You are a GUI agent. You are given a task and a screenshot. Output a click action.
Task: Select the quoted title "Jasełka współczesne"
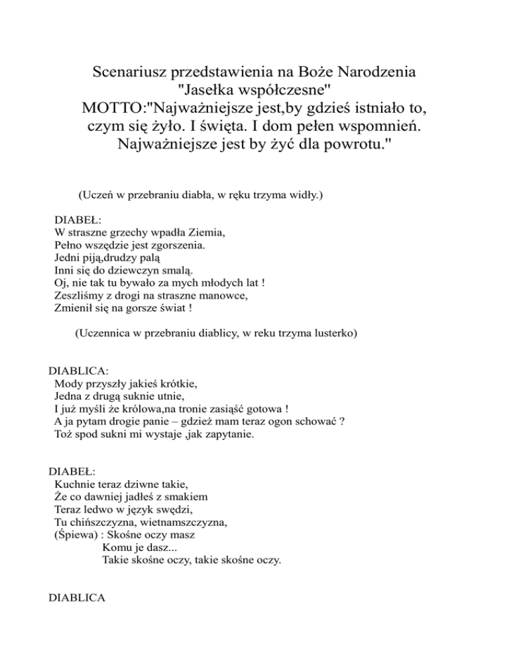(255, 88)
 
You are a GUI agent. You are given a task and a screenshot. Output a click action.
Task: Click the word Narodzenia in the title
(380, 69)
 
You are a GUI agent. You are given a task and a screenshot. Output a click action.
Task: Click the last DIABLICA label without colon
(78, 598)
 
